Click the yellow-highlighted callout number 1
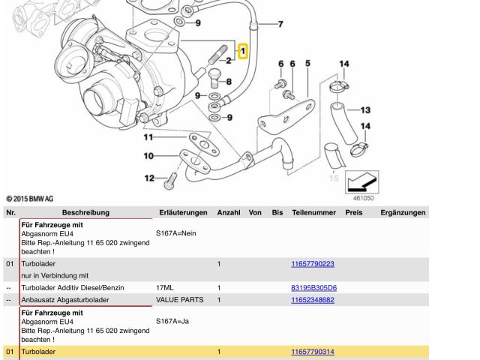[x=242, y=51]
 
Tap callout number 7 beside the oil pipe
[x=280, y=25]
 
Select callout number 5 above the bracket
[x=307, y=64]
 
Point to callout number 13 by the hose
[x=365, y=109]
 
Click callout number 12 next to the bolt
[x=148, y=178]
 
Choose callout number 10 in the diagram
[x=148, y=155]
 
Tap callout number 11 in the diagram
[x=148, y=137]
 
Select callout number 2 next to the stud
[x=229, y=59]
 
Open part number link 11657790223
[x=312, y=264]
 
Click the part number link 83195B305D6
[x=313, y=288]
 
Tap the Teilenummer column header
[x=313, y=213]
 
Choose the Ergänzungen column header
[x=403, y=213]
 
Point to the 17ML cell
[x=164, y=288]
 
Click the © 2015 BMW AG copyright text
[x=29, y=199]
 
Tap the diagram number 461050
[x=363, y=198]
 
